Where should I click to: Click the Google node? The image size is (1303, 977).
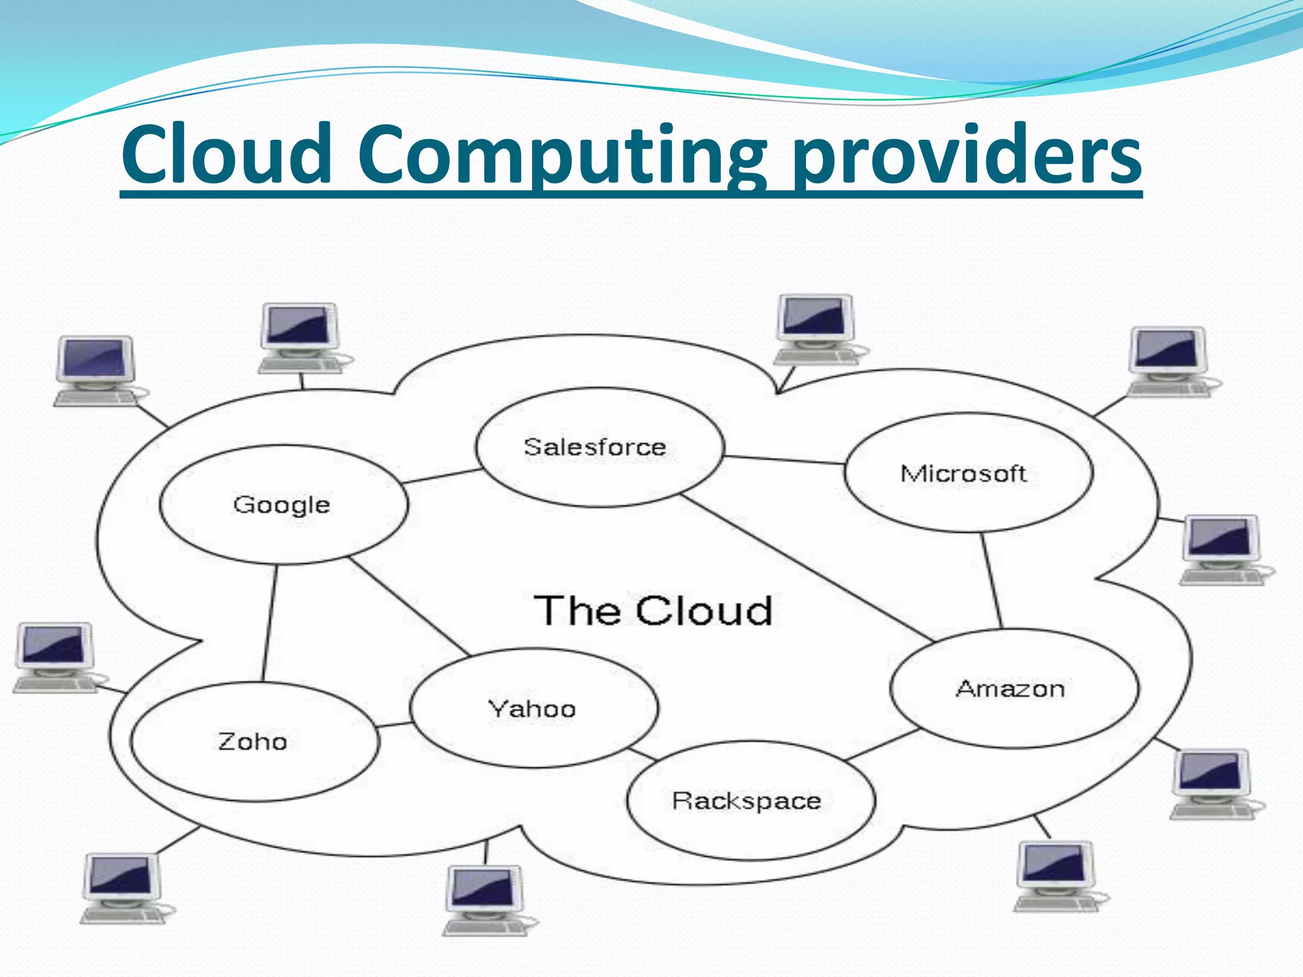pyautogui.click(x=283, y=504)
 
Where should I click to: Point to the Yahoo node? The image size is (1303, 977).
pyautogui.click(x=534, y=709)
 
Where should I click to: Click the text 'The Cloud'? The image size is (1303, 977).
pyautogui.click(x=653, y=611)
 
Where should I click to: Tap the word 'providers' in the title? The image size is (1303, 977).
pyautogui.click(x=967, y=156)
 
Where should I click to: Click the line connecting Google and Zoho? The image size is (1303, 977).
pyautogui.click(x=270, y=623)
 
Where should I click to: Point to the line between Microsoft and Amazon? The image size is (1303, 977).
pyautogui.click(x=992, y=581)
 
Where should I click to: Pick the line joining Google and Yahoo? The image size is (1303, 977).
pyautogui.click(x=410, y=607)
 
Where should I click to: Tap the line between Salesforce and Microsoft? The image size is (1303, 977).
pyautogui.click(x=784, y=460)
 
